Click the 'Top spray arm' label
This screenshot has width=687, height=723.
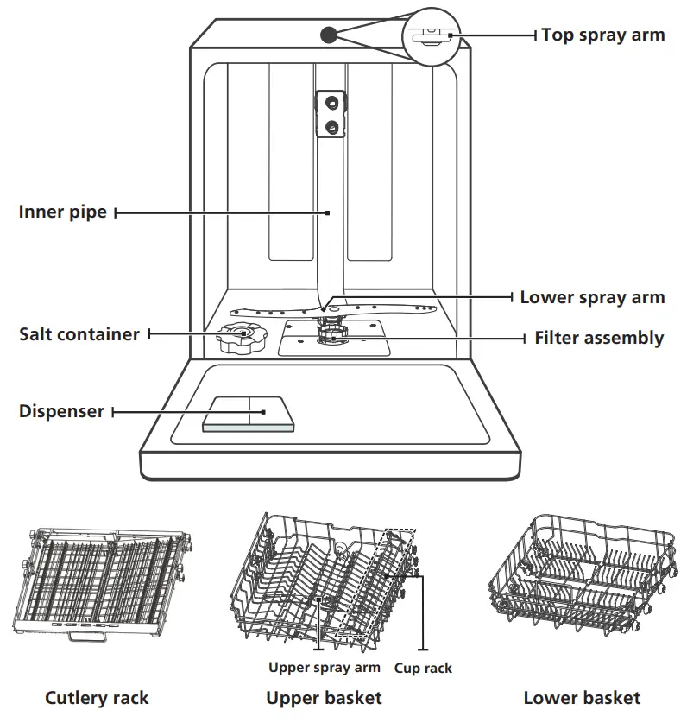click(602, 35)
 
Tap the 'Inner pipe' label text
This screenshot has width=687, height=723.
click(63, 212)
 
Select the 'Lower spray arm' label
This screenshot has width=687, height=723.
click(592, 297)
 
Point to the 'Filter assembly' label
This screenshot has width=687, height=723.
click(599, 338)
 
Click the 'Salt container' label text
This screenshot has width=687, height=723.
click(79, 333)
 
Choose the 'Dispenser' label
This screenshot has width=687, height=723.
click(61, 411)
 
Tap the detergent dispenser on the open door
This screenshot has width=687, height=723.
click(249, 414)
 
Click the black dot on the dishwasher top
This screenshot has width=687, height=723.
click(328, 35)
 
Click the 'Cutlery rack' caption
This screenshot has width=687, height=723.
click(97, 698)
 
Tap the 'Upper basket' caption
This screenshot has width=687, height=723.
click(324, 698)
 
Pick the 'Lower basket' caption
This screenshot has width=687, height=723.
click(582, 698)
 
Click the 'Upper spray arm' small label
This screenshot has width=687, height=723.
click(324, 668)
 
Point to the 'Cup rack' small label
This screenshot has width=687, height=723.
click(423, 668)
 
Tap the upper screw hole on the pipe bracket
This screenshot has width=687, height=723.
click(329, 103)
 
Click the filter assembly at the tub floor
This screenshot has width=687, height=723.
click(331, 338)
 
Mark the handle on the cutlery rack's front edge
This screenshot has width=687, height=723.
click(86, 636)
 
